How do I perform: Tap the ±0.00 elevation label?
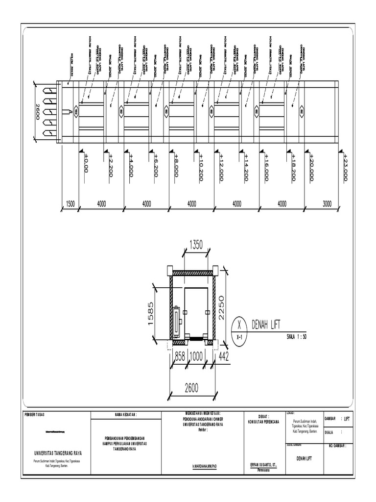tap(86, 163)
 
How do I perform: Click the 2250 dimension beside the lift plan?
tap(221, 307)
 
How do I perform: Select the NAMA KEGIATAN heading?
tap(125, 415)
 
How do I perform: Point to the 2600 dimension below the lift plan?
tap(191, 388)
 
